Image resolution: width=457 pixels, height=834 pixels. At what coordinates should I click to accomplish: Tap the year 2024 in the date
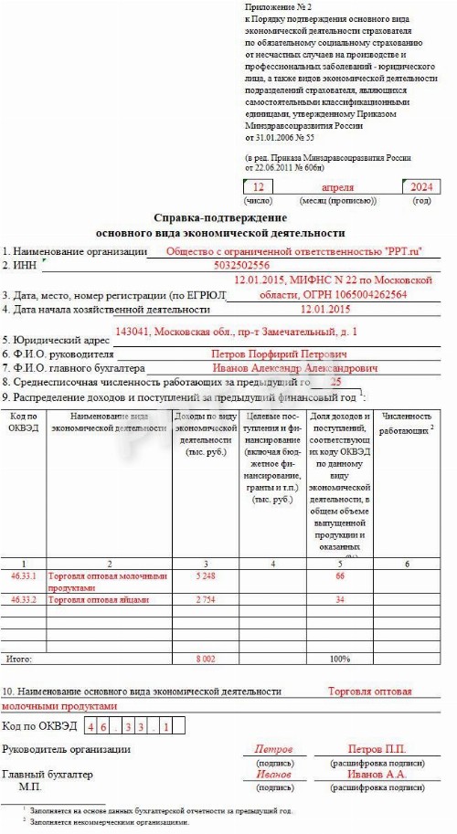point(421,187)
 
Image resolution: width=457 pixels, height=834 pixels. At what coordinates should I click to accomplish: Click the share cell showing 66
point(340,576)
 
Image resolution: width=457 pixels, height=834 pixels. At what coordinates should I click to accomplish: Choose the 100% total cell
point(340,659)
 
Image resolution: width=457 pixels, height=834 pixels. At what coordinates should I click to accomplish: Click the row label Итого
point(19,659)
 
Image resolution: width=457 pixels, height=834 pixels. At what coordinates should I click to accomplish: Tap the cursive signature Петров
point(273,749)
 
